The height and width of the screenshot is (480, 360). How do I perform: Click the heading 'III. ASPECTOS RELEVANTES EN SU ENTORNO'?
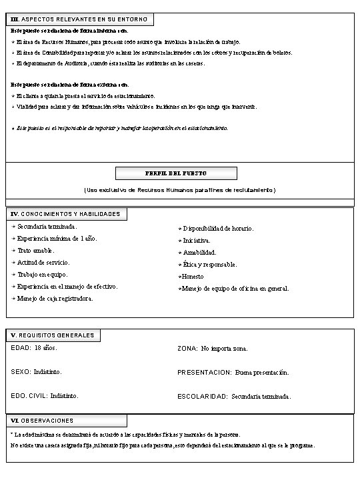point(80,19)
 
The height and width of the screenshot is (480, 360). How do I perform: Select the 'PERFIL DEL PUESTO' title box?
point(176,173)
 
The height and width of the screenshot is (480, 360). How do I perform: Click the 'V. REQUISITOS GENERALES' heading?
point(53,335)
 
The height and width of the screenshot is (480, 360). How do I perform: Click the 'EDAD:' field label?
point(21,348)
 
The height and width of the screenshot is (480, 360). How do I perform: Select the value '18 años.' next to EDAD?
point(46,348)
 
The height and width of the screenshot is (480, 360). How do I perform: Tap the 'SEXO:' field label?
point(21,371)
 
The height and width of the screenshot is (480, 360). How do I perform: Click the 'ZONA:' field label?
point(187,349)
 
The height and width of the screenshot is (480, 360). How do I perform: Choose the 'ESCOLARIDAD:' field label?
point(203,397)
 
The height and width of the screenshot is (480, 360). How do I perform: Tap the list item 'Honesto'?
point(193,277)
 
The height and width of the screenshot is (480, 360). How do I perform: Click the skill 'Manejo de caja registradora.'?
point(55,299)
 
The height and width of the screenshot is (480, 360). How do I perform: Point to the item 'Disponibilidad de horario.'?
point(218,229)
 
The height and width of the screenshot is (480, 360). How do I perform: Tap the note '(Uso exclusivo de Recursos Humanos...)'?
point(179,190)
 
